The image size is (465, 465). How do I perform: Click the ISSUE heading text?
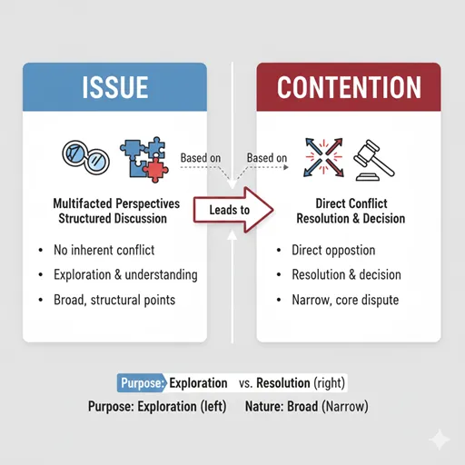(115, 87)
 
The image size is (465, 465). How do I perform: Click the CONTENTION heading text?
(349, 87)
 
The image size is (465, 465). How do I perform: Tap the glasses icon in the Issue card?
(86, 157)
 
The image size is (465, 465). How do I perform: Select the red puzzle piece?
(155, 169)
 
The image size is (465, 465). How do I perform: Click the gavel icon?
(374, 160)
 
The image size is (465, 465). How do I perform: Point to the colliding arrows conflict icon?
(324, 157)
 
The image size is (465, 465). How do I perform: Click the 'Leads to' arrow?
(233, 210)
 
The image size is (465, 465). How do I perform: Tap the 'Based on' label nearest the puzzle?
(201, 158)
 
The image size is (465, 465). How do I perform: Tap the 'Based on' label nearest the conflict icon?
(267, 158)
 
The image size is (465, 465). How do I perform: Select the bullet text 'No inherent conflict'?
(104, 250)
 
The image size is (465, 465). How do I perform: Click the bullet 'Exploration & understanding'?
(125, 275)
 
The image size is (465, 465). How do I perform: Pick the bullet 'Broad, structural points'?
(114, 300)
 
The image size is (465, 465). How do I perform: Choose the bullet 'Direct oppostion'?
(333, 251)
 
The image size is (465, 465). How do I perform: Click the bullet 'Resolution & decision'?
(346, 274)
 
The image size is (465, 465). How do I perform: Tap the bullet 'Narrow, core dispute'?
(345, 300)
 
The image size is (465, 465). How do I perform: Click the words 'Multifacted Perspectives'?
(116, 203)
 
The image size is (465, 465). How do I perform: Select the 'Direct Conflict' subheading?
(351, 203)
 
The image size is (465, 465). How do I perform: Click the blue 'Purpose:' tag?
(142, 383)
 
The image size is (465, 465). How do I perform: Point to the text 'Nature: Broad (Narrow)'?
(307, 406)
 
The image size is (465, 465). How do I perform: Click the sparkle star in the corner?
(440, 439)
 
